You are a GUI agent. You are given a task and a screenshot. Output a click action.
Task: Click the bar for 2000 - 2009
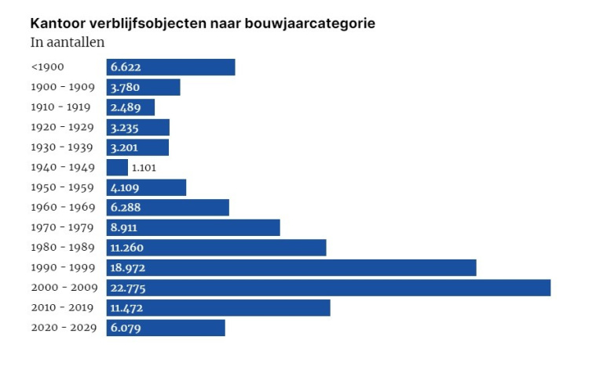pyautogui.click(x=328, y=288)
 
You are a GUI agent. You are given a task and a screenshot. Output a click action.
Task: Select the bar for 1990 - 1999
pyautogui.click(x=291, y=268)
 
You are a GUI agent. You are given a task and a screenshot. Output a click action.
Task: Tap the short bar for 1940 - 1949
pyautogui.click(x=117, y=168)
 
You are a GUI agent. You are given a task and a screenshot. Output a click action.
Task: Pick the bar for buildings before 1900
pyautogui.click(x=170, y=67)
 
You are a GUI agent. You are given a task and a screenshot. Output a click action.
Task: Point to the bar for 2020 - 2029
pyautogui.click(x=166, y=328)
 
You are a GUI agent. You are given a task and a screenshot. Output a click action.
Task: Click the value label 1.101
pyautogui.click(x=145, y=168)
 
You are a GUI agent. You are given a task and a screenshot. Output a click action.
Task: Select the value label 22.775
pyautogui.click(x=128, y=288)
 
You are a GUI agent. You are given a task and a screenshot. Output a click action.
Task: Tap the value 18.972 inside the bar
pyautogui.click(x=127, y=268)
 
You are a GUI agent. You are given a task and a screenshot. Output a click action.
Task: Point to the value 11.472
pyautogui.click(x=126, y=308)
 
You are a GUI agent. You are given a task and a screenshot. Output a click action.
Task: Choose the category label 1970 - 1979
pyautogui.click(x=63, y=227)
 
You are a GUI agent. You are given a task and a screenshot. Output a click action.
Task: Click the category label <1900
pyautogui.click(x=48, y=67)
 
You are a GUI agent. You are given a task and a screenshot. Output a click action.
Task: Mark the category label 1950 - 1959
pyautogui.click(x=63, y=187)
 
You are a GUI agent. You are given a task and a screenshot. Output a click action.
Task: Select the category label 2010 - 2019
pyautogui.click(x=63, y=308)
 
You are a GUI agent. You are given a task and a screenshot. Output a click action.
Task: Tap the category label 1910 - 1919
pyautogui.click(x=61, y=107)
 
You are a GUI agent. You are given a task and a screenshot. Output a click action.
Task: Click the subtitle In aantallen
pyautogui.click(x=68, y=42)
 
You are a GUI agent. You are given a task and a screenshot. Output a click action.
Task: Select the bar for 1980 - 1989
pyautogui.click(x=216, y=248)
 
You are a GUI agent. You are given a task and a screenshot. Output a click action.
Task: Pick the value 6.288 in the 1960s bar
pyautogui.click(x=126, y=208)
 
